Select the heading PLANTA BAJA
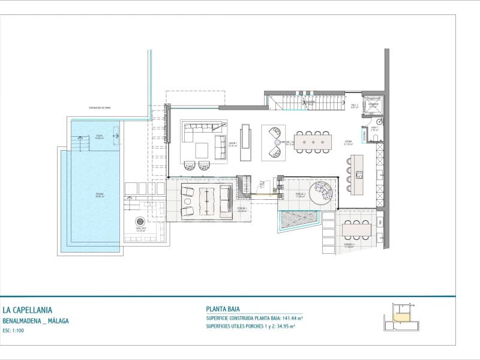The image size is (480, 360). pos(223,310)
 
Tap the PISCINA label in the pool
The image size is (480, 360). pos(99,194)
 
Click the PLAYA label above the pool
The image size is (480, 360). pos(99,137)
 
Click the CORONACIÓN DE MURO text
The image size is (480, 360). pos(99,109)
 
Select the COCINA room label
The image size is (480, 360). pos(348,143)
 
